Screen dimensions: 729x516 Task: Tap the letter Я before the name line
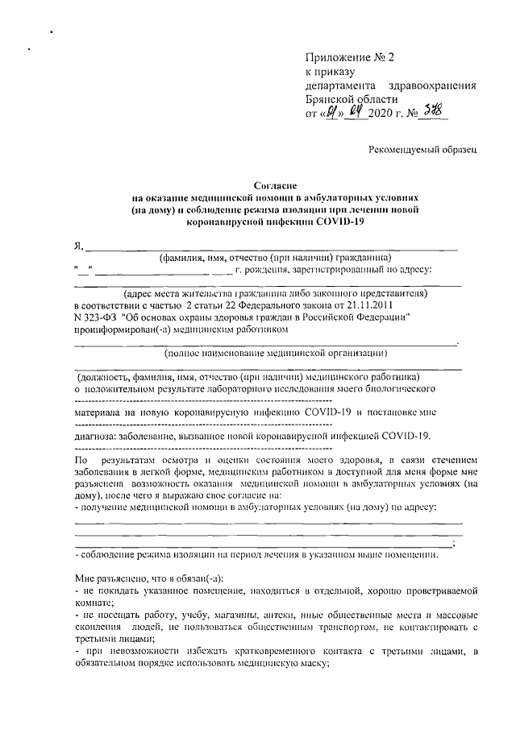click(78, 246)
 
